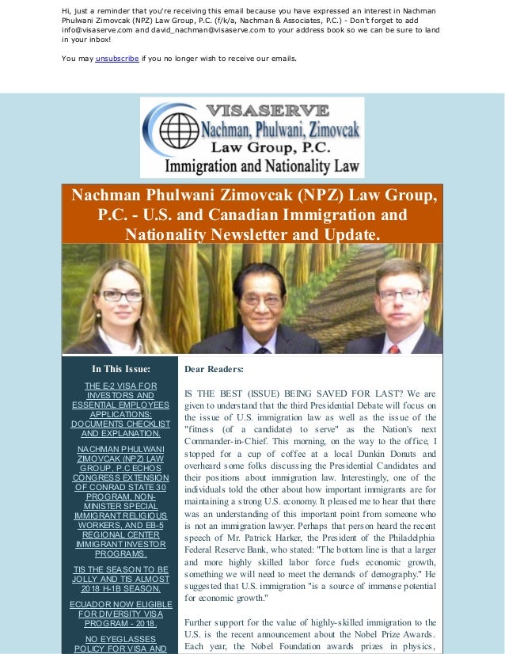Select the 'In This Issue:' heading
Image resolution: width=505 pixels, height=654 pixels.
point(121,368)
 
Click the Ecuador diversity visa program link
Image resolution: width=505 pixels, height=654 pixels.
point(120,614)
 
